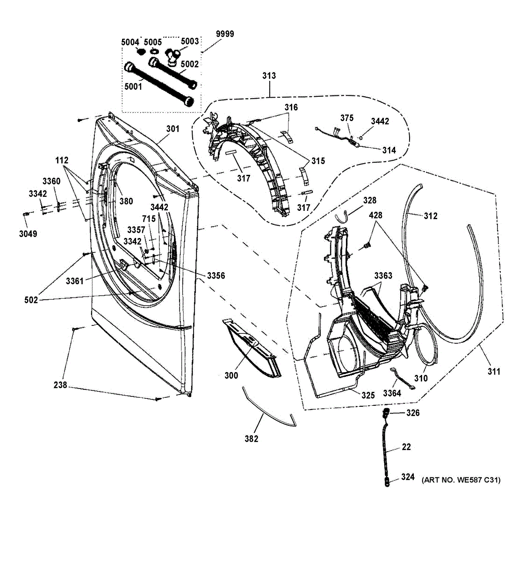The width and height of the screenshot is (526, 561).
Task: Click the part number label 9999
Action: pyautogui.click(x=225, y=34)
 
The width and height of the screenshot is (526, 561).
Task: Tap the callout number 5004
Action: pyautogui.click(x=130, y=43)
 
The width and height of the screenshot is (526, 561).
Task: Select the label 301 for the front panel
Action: pyautogui.click(x=173, y=129)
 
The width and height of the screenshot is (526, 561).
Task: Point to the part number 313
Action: pyautogui.click(x=269, y=76)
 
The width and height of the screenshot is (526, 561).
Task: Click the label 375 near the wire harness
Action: pyautogui.click(x=347, y=118)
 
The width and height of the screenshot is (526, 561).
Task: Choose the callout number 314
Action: pyautogui.click(x=389, y=150)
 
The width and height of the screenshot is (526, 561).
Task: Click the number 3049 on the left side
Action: pyautogui.click(x=28, y=234)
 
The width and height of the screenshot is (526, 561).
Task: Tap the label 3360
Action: pyautogui.click(x=51, y=181)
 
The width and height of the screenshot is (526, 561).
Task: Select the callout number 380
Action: pyautogui.click(x=125, y=201)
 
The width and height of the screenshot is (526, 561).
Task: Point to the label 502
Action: pyautogui.click(x=31, y=300)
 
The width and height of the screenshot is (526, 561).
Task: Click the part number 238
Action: pyautogui.click(x=60, y=385)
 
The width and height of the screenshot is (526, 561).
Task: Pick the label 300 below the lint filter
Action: pyautogui.click(x=231, y=375)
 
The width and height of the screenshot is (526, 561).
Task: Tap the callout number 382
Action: pyautogui.click(x=251, y=439)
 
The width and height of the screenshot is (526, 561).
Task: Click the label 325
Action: pyautogui.click(x=368, y=396)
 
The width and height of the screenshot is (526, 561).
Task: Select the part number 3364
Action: pyautogui.click(x=392, y=393)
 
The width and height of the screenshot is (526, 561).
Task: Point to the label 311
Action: pyautogui.click(x=493, y=372)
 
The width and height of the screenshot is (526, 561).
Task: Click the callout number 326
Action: pyautogui.click(x=413, y=413)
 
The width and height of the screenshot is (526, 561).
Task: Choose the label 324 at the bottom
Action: pyautogui.click(x=408, y=477)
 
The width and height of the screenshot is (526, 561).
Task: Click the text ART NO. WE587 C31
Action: pyautogui.click(x=461, y=480)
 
